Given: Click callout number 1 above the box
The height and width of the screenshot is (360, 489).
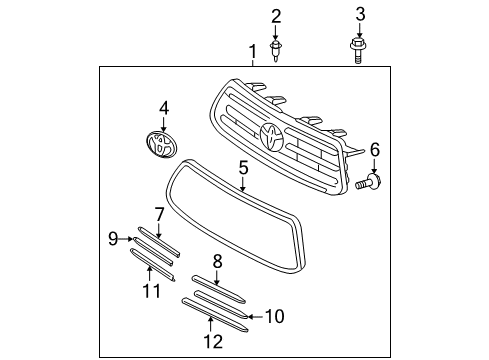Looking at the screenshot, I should pos(253,50).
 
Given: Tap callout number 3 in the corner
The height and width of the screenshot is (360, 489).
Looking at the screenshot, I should pos(360,14).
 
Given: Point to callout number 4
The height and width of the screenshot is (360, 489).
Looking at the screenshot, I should pos(164,106).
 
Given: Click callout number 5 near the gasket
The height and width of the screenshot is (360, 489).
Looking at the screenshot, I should pos(243,170).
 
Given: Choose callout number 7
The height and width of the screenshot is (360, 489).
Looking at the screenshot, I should pos(159,213).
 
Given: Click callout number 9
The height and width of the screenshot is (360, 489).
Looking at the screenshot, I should pos(113,238).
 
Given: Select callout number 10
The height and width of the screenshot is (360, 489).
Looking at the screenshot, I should pos(274,317).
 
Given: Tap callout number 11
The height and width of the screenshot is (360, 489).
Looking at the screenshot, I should pos(151,291).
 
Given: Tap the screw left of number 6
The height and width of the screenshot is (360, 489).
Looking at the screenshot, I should pos(367,183).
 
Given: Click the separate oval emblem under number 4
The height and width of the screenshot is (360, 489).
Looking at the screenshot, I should pos(160,143).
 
